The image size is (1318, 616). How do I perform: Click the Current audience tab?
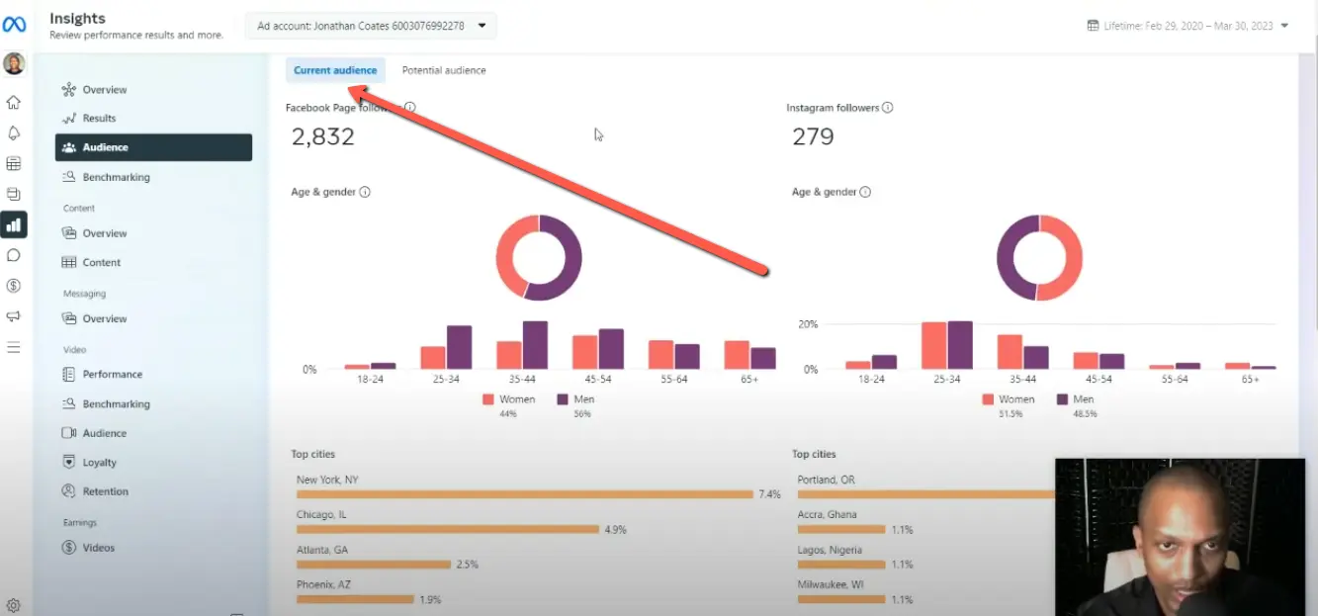click(x=335, y=70)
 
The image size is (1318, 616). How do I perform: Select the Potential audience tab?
click(x=443, y=70)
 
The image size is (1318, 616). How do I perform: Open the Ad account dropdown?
click(x=371, y=26)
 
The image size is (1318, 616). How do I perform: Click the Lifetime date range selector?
click(x=1186, y=26)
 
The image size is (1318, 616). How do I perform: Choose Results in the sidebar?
click(x=99, y=119)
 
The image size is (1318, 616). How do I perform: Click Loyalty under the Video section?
click(x=99, y=463)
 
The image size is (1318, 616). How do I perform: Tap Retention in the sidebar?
click(x=105, y=491)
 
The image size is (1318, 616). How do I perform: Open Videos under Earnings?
click(x=98, y=548)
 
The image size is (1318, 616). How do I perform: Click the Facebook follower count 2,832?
click(x=322, y=137)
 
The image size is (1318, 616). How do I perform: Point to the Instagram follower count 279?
click(x=813, y=137)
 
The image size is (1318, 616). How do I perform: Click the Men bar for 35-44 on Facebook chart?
click(x=535, y=345)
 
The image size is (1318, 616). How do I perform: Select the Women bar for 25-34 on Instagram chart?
click(x=933, y=345)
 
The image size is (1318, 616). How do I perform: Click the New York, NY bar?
click(x=524, y=494)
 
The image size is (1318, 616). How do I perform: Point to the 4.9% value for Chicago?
click(x=615, y=530)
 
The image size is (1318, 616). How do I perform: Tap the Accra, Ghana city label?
click(x=827, y=515)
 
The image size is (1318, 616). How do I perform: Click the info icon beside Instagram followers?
click(x=887, y=108)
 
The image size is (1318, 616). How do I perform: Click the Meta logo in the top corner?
click(x=14, y=25)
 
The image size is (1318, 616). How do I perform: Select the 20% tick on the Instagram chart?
click(x=808, y=324)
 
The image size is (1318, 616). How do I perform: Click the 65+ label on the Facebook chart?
click(x=749, y=380)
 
